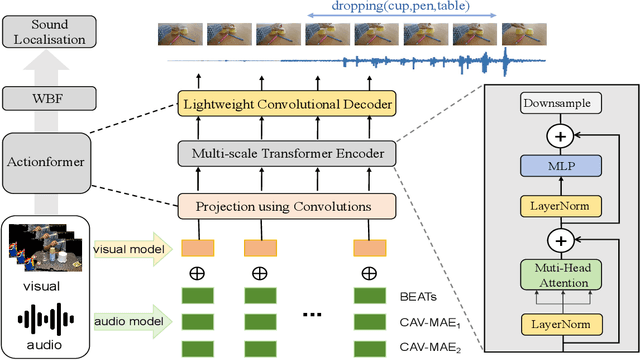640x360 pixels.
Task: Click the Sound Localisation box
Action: pyautogui.click(x=43, y=33)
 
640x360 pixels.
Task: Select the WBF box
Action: pyautogui.click(x=43, y=98)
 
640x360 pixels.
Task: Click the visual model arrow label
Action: pyautogui.click(x=127, y=249)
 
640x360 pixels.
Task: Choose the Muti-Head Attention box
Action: pyautogui.click(x=560, y=277)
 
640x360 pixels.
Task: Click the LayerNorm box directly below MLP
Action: pyautogui.click(x=560, y=206)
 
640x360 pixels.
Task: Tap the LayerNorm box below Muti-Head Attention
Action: pyautogui.click(x=560, y=324)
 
